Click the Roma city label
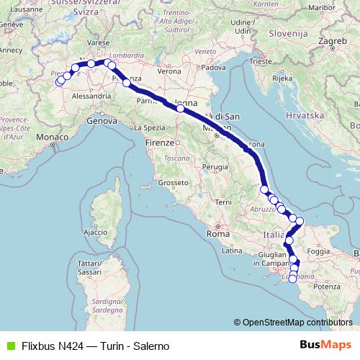(217, 234)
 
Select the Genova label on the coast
(101, 122)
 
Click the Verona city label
(169, 72)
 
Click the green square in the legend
(9, 345)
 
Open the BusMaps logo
(330, 345)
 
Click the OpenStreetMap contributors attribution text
(297, 323)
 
